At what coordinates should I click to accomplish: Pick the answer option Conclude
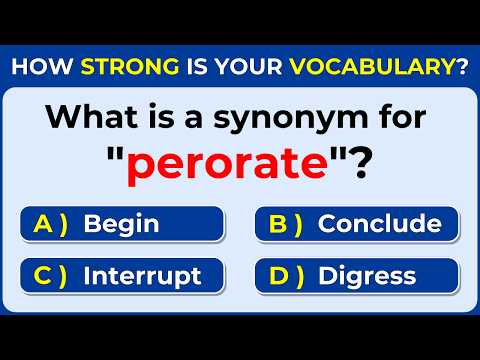[x=379, y=224]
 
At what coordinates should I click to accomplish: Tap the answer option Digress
[x=367, y=275]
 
